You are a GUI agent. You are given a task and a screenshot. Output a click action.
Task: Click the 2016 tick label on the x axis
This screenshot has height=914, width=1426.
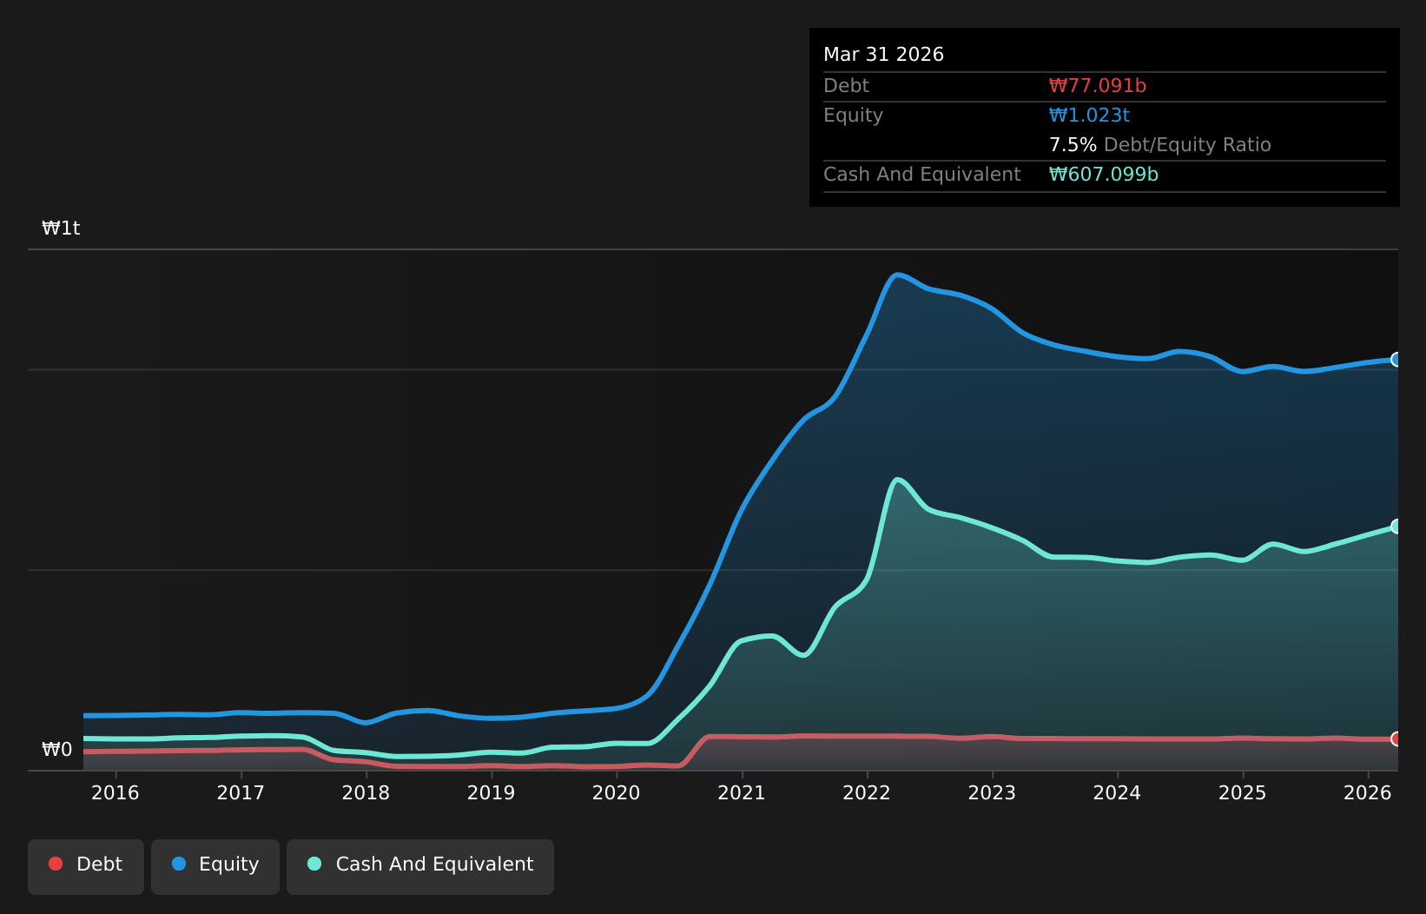116,793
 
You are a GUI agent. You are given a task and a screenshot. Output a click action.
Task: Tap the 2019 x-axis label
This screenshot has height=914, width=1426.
491,793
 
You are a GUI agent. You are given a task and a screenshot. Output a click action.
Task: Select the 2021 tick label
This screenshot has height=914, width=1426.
742,793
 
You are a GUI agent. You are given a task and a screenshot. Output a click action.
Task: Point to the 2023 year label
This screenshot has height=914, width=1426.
992,793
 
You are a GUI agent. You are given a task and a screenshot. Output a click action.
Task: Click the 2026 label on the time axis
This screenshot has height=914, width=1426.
1368,793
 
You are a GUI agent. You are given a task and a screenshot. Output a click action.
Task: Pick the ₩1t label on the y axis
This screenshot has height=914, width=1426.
61,228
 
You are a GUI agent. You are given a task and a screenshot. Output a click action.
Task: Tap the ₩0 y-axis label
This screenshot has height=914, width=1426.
57,749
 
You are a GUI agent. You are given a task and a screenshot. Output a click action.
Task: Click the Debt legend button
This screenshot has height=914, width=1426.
86,867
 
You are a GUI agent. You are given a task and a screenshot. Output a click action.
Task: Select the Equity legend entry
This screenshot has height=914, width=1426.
215,867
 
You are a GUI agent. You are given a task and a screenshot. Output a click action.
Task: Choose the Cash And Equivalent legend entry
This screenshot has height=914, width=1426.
420,867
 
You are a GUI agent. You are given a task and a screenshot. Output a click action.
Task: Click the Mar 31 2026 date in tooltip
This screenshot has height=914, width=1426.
883,55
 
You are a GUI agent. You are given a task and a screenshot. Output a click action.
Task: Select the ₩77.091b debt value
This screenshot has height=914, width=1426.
1098,86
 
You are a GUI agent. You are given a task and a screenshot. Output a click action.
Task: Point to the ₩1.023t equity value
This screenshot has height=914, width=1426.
1089,116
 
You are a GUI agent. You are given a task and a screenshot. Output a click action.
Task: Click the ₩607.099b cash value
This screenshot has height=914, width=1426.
1103,175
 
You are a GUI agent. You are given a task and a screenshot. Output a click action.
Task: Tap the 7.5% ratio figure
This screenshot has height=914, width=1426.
1073,145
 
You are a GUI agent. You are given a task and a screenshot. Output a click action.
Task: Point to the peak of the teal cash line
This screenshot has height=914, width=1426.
897,480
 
